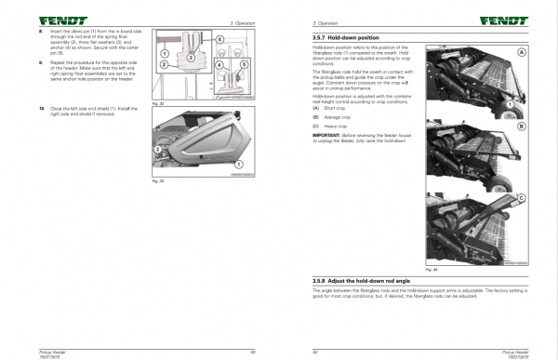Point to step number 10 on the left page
pos(42,110)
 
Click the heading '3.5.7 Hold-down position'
pos(350,36)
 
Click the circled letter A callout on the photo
pos(522,53)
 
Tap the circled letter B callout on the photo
pos(522,124)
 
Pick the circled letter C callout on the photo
pos(522,197)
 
